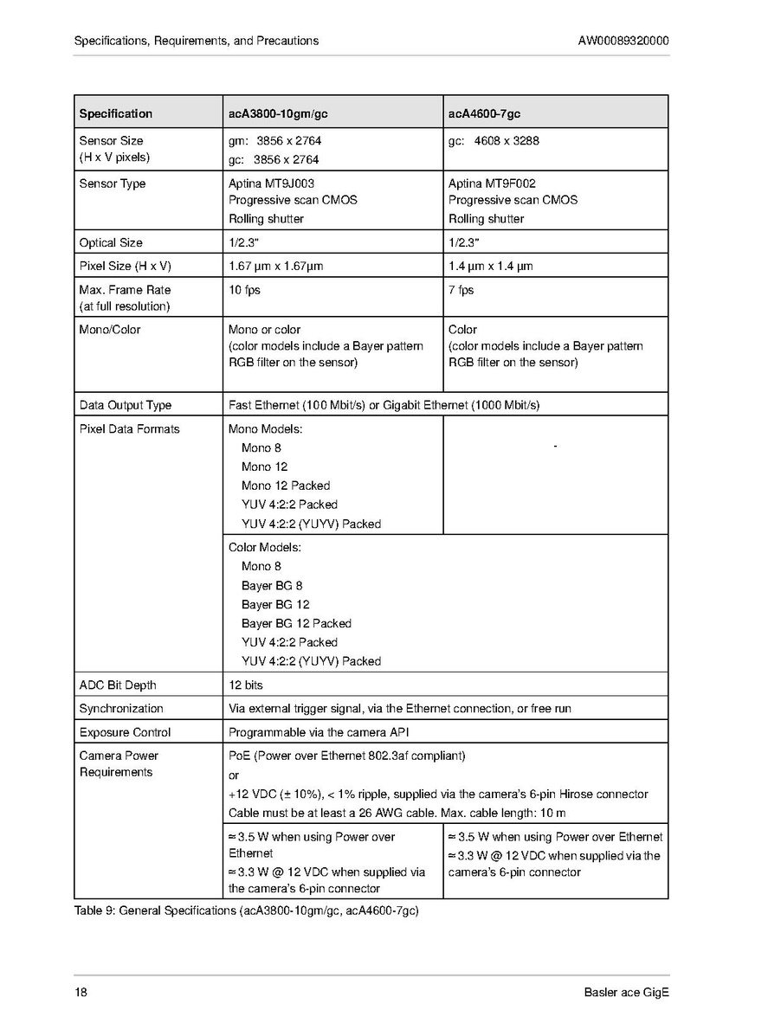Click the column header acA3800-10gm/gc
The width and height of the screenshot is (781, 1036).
[278, 113]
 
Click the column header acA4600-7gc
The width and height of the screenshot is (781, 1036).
[484, 113]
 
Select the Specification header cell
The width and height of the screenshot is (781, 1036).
[115, 113]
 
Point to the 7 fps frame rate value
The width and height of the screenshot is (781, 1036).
[461, 290]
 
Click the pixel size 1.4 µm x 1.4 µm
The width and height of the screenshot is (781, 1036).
[490, 266]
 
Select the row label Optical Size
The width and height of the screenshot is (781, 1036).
[111, 242]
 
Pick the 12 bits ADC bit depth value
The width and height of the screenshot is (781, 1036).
[246, 685]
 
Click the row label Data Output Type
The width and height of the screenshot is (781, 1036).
[126, 405]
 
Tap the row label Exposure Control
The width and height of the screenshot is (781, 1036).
[125, 732]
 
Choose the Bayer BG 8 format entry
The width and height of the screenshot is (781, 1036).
[272, 585]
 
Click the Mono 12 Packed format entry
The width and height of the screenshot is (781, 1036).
[286, 486]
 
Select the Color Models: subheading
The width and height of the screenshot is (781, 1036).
[264, 547]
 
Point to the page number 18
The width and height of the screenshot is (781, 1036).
[81, 992]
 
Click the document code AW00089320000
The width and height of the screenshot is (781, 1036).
[623, 41]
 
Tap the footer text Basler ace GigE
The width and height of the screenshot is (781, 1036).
[626, 992]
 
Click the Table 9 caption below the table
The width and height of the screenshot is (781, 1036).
[246, 911]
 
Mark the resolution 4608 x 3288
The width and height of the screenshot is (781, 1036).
[507, 140]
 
